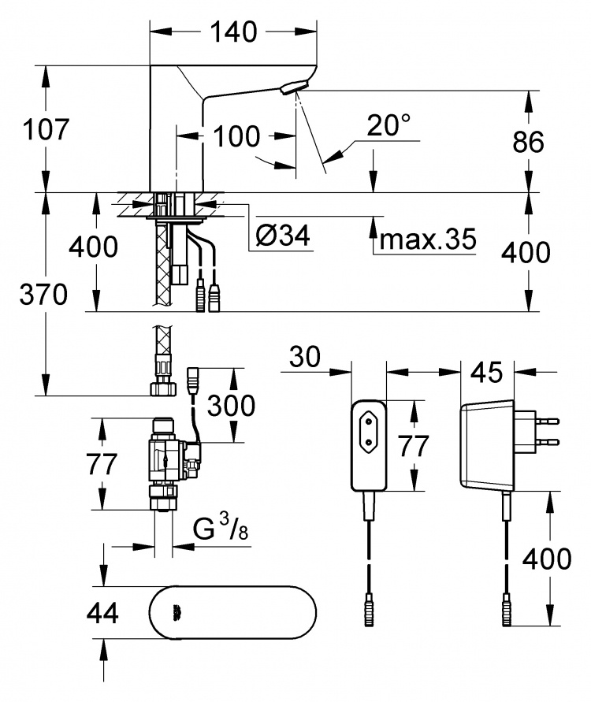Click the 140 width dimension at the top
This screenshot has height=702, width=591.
pyautogui.click(x=234, y=32)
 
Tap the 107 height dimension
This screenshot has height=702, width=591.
pyautogui.click(x=46, y=129)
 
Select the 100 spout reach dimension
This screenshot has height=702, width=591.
pyautogui.click(x=236, y=136)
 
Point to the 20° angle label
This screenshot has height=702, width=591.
pyautogui.click(x=388, y=125)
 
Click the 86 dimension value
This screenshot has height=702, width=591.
pyautogui.click(x=528, y=142)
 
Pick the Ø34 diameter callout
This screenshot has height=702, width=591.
pyautogui.click(x=283, y=235)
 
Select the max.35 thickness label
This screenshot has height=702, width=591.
pyautogui.click(x=428, y=239)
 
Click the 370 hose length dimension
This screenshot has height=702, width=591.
pyautogui.click(x=43, y=295)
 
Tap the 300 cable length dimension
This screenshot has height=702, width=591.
pyautogui.click(x=231, y=406)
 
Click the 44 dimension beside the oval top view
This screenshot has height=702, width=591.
pyautogui.click(x=102, y=613)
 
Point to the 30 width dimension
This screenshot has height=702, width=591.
pyautogui.click(x=305, y=357)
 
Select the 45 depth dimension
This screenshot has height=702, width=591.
pyautogui.click(x=487, y=373)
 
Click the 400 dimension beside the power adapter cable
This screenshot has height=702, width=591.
pyautogui.click(x=547, y=559)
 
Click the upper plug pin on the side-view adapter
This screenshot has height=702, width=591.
pyautogui.click(x=548, y=421)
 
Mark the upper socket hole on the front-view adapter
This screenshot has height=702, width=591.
pyautogui.click(x=370, y=422)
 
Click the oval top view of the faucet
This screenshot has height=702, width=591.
pyautogui.click(x=232, y=612)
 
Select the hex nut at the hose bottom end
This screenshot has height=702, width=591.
pyautogui.click(x=162, y=388)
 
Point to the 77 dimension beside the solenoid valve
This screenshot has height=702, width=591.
pyautogui.click(x=102, y=464)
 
